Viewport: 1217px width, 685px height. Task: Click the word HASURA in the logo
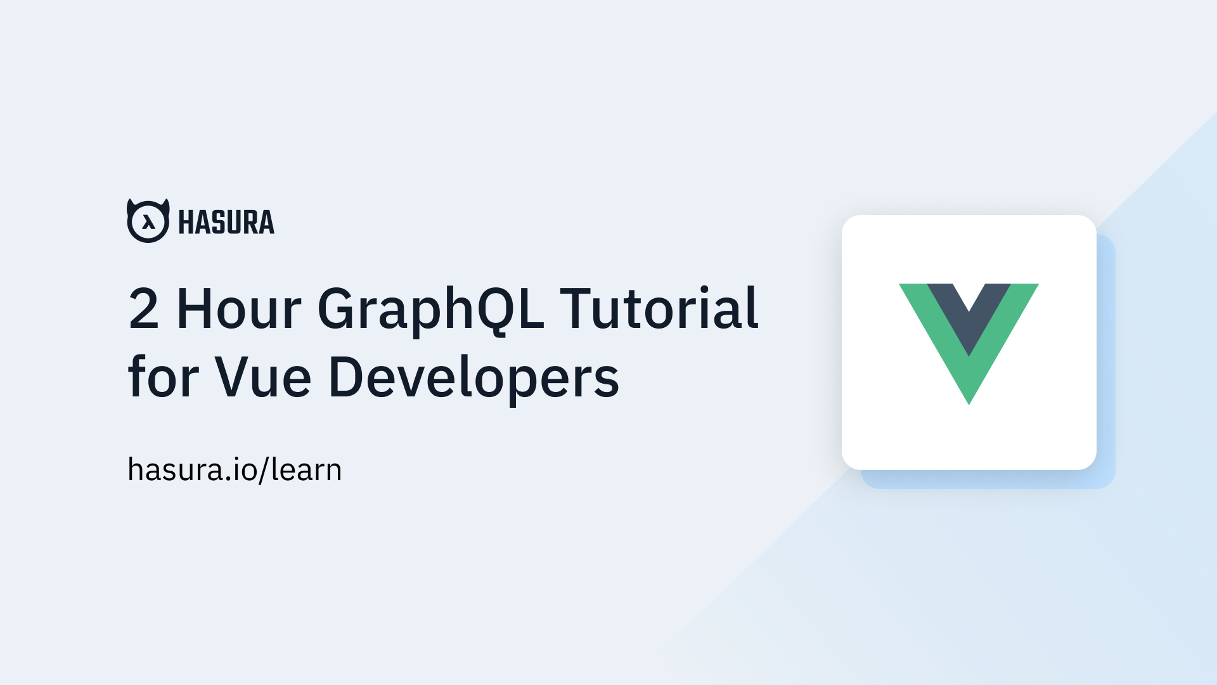(226, 222)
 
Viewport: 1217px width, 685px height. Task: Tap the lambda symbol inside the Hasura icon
(148, 223)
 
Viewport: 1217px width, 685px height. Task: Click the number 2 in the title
(143, 309)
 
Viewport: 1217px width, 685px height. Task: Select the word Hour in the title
(238, 309)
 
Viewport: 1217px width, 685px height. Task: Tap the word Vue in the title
(262, 377)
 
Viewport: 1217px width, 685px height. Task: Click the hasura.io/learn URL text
(235, 470)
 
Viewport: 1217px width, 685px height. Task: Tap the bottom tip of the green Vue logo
(969, 401)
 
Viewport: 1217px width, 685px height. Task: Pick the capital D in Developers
(345, 377)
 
